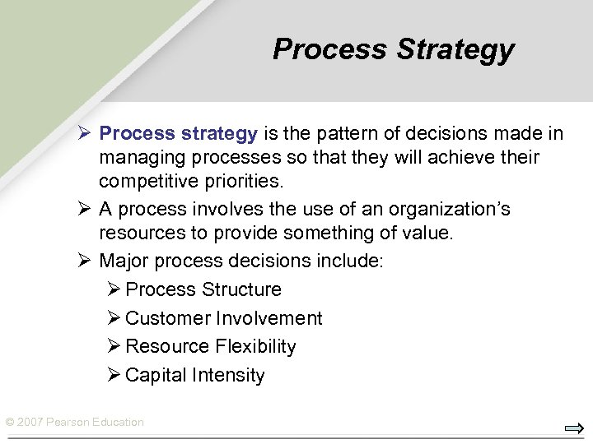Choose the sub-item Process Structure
(203, 289)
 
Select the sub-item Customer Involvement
(224, 318)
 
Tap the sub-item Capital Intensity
(195, 375)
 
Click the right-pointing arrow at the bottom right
(573, 428)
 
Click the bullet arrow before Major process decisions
(85, 261)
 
